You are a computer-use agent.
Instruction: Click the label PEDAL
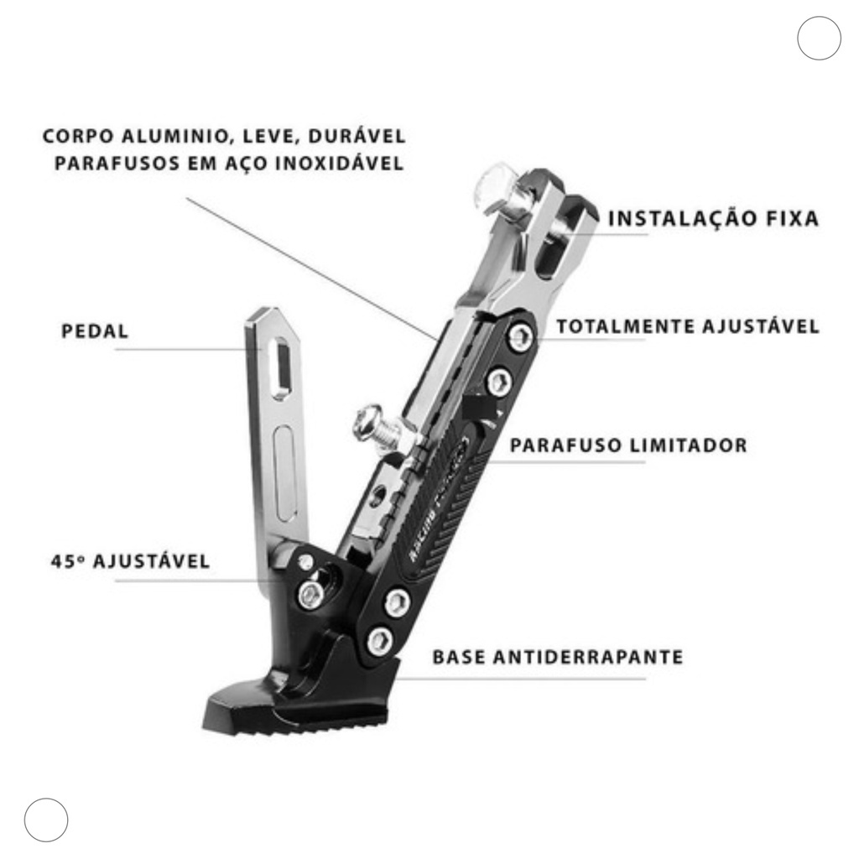(x=95, y=331)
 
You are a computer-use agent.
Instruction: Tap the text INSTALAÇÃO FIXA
(x=713, y=218)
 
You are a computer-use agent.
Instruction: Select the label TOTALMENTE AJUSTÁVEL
(x=688, y=326)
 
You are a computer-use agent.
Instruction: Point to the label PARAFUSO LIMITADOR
(x=628, y=445)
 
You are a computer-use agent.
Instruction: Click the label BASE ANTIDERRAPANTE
(x=558, y=656)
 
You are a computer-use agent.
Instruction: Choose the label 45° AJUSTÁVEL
(x=130, y=561)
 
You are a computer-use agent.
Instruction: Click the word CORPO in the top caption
(x=78, y=136)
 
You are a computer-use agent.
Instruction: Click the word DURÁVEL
(x=357, y=135)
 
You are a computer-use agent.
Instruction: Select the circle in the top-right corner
(x=819, y=38)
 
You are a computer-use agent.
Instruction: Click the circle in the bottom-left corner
(x=46, y=820)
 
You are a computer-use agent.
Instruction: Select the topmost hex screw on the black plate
(x=520, y=336)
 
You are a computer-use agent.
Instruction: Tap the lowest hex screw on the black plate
(x=380, y=641)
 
